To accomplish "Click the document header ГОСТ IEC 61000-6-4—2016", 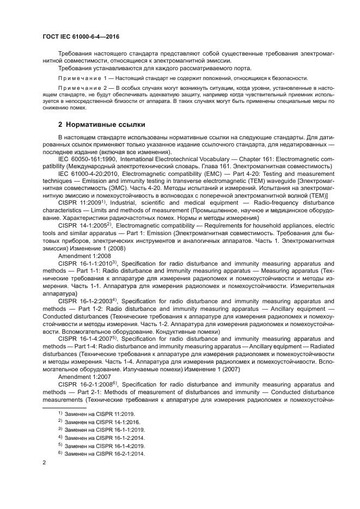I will (x=81, y=36).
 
